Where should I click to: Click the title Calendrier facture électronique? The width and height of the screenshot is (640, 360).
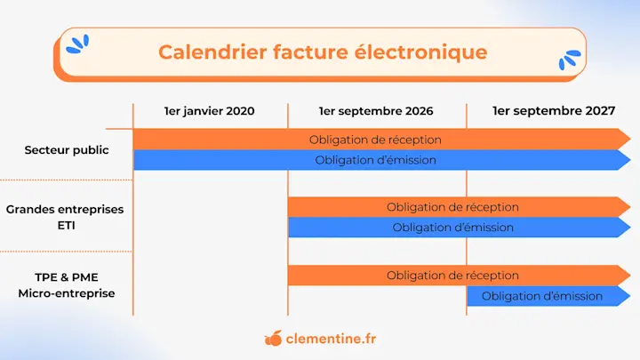(x=322, y=52)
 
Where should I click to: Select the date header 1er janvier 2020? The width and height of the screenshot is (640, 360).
(x=209, y=111)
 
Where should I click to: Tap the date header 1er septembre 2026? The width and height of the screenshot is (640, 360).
(x=376, y=111)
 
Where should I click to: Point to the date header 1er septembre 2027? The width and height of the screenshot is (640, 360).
(x=553, y=111)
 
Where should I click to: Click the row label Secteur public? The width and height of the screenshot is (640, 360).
(x=67, y=149)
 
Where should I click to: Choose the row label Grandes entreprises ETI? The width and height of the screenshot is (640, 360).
(x=65, y=217)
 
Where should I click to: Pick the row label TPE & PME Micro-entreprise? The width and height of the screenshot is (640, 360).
(x=67, y=284)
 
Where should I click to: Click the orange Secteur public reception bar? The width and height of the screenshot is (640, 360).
(x=375, y=140)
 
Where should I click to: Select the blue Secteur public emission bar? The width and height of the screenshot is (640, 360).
(x=375, y=160)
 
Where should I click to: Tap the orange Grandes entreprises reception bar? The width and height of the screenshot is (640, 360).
(x=452, y=207)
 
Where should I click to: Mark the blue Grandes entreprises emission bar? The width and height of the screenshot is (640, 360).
(x=452, y=228)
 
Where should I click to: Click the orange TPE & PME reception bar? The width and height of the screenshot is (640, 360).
(x=452, y=276)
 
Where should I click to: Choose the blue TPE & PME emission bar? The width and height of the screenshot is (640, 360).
(x=542, y=296)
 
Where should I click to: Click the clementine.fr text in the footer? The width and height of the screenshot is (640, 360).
(x=331, y=339)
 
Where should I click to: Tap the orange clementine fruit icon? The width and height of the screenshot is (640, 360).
(x=274, y=339)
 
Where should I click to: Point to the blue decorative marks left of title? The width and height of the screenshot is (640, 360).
(x=78, y=43)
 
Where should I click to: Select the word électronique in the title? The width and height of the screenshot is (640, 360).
(x=431, y=52)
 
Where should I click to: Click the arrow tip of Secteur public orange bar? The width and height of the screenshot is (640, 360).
(x=626, y=140)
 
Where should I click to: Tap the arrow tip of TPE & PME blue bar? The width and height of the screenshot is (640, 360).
(x=626, y=296)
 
